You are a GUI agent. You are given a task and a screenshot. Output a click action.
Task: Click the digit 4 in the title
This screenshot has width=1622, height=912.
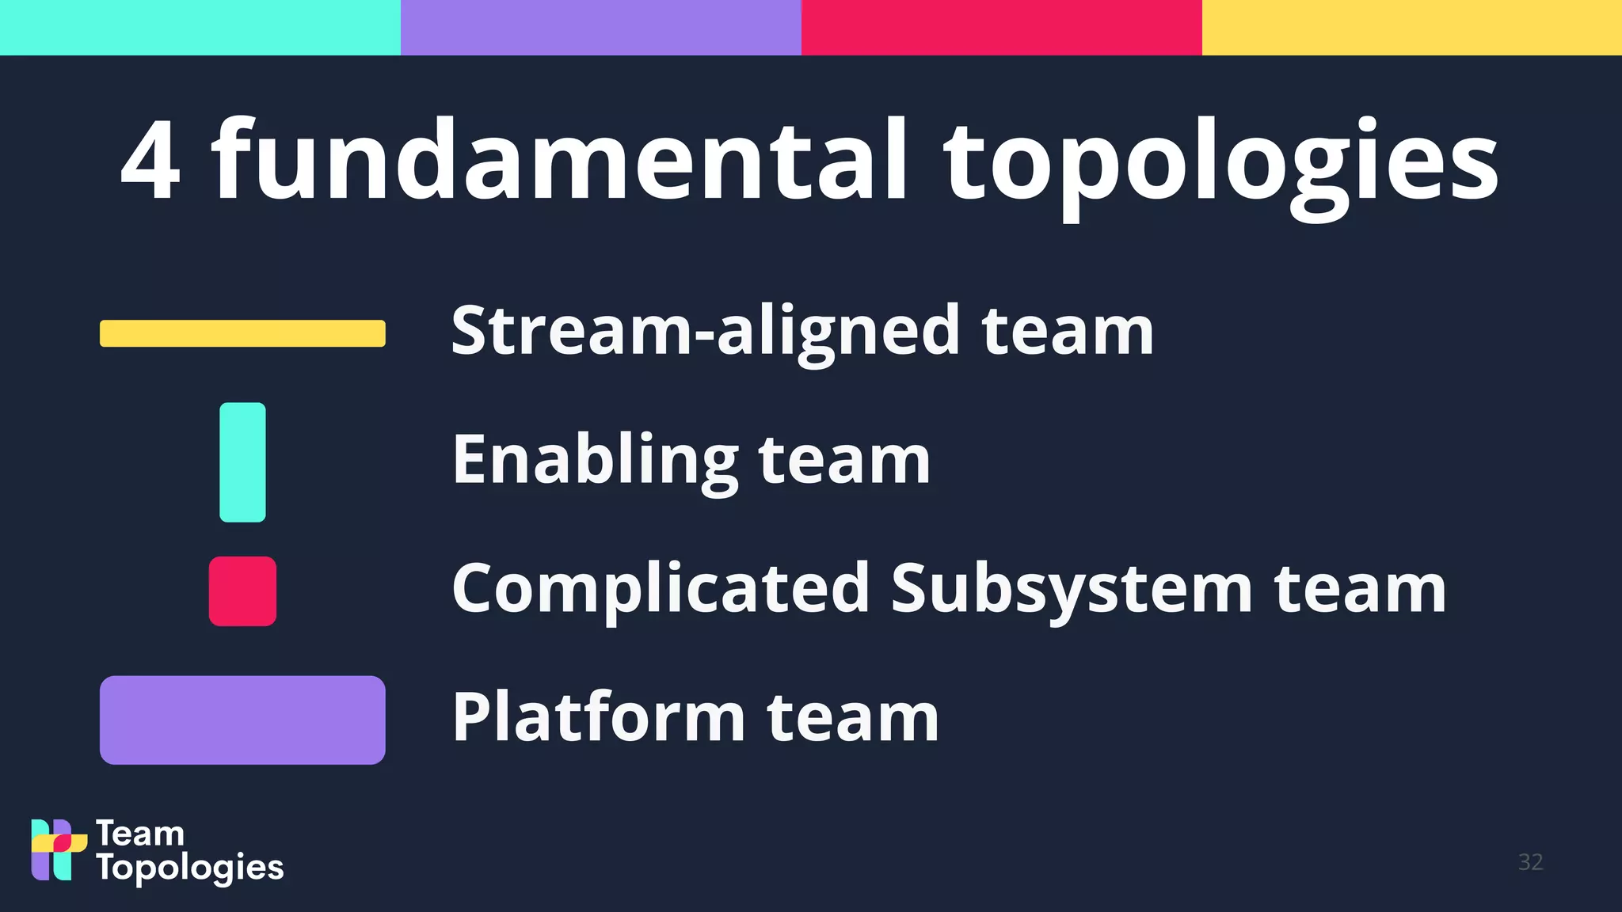point(150,160)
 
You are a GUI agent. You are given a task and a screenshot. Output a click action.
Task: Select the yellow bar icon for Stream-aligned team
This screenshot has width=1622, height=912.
point(242,333)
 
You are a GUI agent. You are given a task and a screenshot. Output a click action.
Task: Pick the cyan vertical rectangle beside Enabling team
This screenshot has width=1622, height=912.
point(242,462)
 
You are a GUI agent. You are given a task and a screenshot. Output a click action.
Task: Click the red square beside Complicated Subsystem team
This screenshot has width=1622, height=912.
point(242,591)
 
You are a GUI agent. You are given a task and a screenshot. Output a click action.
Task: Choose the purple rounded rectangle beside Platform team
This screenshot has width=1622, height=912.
point(242,720)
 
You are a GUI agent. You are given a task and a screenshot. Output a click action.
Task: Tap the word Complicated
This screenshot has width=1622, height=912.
point(661,590)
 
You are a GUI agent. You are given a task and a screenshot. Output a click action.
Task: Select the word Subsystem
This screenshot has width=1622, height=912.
point(1072,590)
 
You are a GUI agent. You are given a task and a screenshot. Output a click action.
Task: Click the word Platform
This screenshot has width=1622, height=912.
point(599,717)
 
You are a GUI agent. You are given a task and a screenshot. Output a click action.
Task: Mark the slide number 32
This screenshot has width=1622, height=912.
point(1530,862)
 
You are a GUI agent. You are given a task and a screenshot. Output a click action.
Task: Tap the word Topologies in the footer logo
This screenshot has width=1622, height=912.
point(190,868)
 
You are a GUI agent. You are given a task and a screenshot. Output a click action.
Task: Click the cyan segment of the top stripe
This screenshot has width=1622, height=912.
point(200,28)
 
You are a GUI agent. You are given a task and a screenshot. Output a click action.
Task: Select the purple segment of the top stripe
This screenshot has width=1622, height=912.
point(601,28)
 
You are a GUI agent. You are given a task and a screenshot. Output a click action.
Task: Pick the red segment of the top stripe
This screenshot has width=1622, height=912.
point(1002,28)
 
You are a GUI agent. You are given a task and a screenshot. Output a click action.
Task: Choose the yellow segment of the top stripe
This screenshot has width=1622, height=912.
point(1412,28)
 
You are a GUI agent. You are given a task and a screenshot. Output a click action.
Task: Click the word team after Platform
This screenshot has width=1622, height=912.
point(853,717)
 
